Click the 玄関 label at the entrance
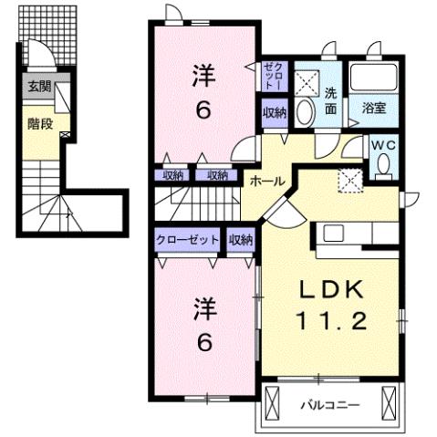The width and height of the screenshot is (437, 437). (38, 87)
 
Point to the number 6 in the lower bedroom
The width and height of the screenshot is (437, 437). (204, 343)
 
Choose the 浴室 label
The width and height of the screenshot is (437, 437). (374, 108)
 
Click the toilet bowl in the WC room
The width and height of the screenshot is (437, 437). (384, 165)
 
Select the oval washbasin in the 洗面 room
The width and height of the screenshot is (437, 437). (307, 111)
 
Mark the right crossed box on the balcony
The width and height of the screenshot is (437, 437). (390, 401)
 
